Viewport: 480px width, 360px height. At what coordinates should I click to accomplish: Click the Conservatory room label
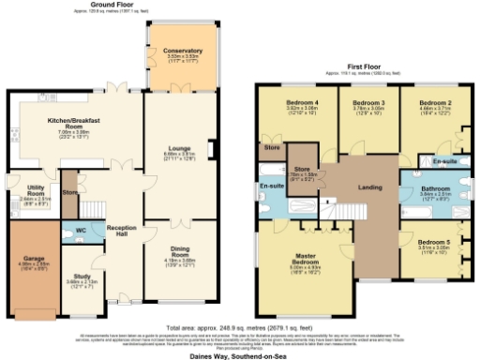[x=182, y=50]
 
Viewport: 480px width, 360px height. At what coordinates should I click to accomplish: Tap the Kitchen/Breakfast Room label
[x=74, y=124]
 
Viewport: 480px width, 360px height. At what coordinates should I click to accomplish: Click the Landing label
[x=369, y=187]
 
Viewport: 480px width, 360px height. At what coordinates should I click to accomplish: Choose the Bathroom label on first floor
[x=434, y=188]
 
